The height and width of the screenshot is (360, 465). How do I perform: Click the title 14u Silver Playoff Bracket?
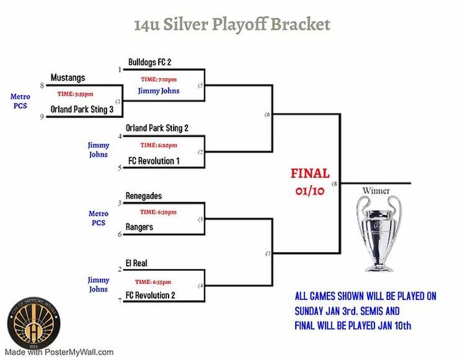232,25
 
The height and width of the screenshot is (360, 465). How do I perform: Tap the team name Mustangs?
68,78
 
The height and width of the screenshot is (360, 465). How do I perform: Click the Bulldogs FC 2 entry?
149,62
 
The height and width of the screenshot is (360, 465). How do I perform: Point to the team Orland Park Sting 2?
157,128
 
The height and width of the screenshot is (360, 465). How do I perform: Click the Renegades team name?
144,195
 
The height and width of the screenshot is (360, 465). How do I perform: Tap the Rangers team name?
139,226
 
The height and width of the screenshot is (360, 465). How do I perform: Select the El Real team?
136,263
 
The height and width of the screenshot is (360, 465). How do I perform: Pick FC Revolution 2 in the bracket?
150,295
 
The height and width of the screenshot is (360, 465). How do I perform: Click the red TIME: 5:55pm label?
75,94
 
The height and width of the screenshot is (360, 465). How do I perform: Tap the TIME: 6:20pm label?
158,145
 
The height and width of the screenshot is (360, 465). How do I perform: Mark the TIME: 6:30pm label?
158,212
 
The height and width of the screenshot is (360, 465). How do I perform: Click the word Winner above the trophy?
376,191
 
